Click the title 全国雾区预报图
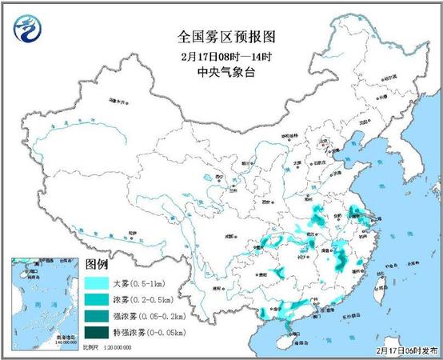(221, 37)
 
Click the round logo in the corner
(26, 30)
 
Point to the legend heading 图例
(97, 264)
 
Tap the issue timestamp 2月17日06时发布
(409, 350)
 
